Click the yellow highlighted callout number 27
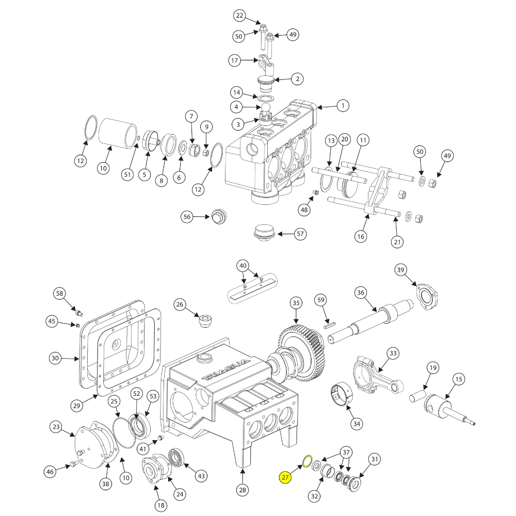[285, 478]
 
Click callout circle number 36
[361, 293]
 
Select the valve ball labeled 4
[266, 107]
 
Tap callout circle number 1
[342, 106]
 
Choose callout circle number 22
[239, 16]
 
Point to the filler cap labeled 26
[205, 321]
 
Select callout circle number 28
[242, 490]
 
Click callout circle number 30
[56, 358]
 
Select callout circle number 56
[187, 217]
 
